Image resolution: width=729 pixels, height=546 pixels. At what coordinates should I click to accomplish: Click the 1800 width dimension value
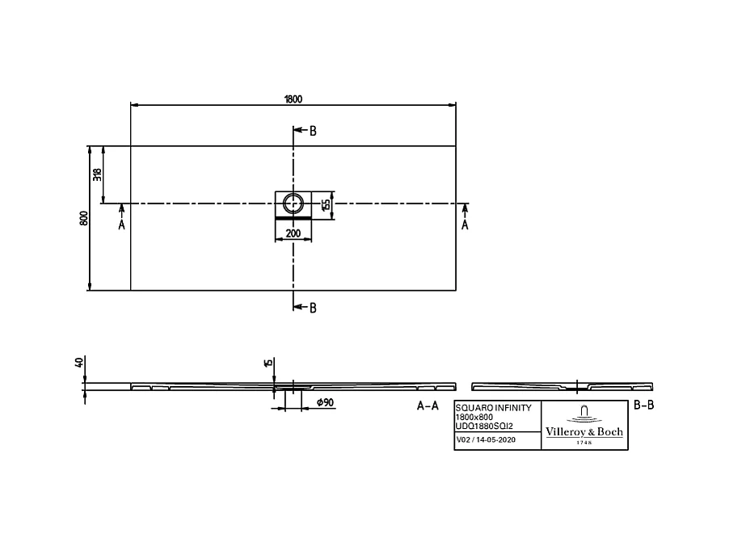(x=293, y=99)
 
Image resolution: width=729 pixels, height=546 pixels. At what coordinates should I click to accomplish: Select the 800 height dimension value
(x=83, y=218)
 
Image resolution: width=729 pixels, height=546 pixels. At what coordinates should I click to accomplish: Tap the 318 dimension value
(x=97, y=174)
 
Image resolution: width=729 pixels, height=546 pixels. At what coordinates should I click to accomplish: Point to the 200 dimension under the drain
(x=293, y=233)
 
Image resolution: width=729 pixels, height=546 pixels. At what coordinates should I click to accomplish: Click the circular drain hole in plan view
(x=293, y=203)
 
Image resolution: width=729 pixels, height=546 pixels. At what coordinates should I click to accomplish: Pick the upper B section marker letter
(x=313, y=131)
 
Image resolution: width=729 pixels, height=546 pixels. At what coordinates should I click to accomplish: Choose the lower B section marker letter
(x=313, y=307)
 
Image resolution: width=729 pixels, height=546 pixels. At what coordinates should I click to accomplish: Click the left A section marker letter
(x=122, y=225)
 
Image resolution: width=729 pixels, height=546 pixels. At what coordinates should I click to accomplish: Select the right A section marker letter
(x=465, y=225)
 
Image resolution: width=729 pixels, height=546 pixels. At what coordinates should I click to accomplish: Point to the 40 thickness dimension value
(x=79, y=363)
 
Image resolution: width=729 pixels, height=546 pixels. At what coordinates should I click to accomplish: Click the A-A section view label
(x=428, y=406)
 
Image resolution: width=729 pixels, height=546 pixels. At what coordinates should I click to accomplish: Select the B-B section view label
(x=643, y=406)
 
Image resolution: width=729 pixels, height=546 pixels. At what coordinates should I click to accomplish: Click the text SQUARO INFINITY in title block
(x=494, y=409)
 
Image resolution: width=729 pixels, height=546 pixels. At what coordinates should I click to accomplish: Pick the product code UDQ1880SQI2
(x=484, y=425)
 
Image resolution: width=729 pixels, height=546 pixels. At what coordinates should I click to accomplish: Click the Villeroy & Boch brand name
(x=584, y=432)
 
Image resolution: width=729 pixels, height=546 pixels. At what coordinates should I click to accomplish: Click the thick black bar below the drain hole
(x=293, y=218)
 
